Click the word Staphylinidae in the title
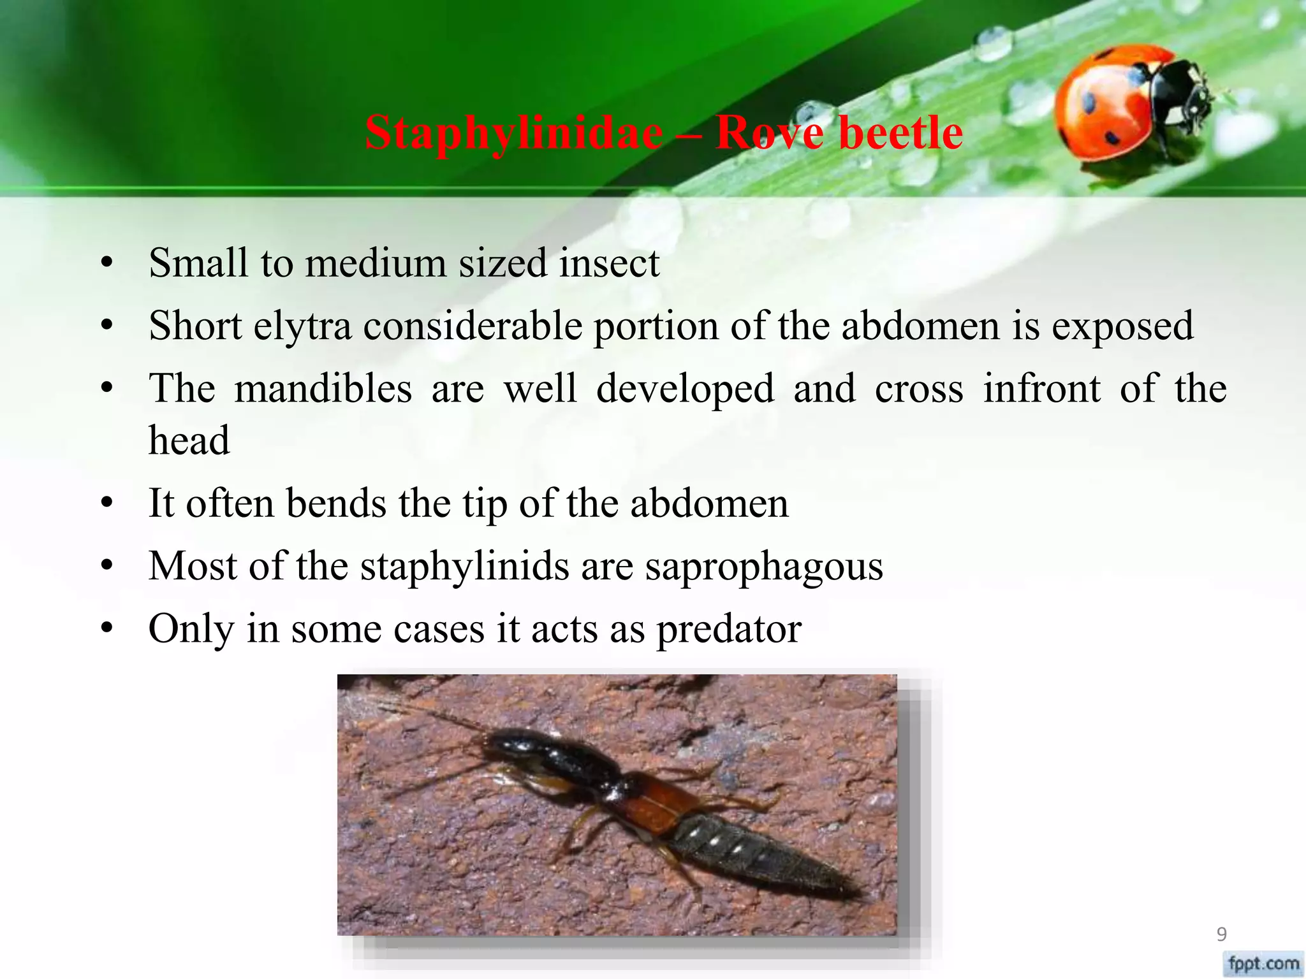tap(513, 134)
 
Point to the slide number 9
tap(1221, 934)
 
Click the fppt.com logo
tap(1263, 963)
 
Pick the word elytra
tap(303, 326)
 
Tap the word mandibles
tap(323, 389)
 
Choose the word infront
tap(1041, 389)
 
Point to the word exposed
tap(1122, 326)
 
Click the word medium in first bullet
tap(376, 263)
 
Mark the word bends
tap(336, 504)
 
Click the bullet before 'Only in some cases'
tap(106, 629)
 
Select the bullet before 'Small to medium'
tap(106, 263)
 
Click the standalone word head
tap(189, 440)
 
